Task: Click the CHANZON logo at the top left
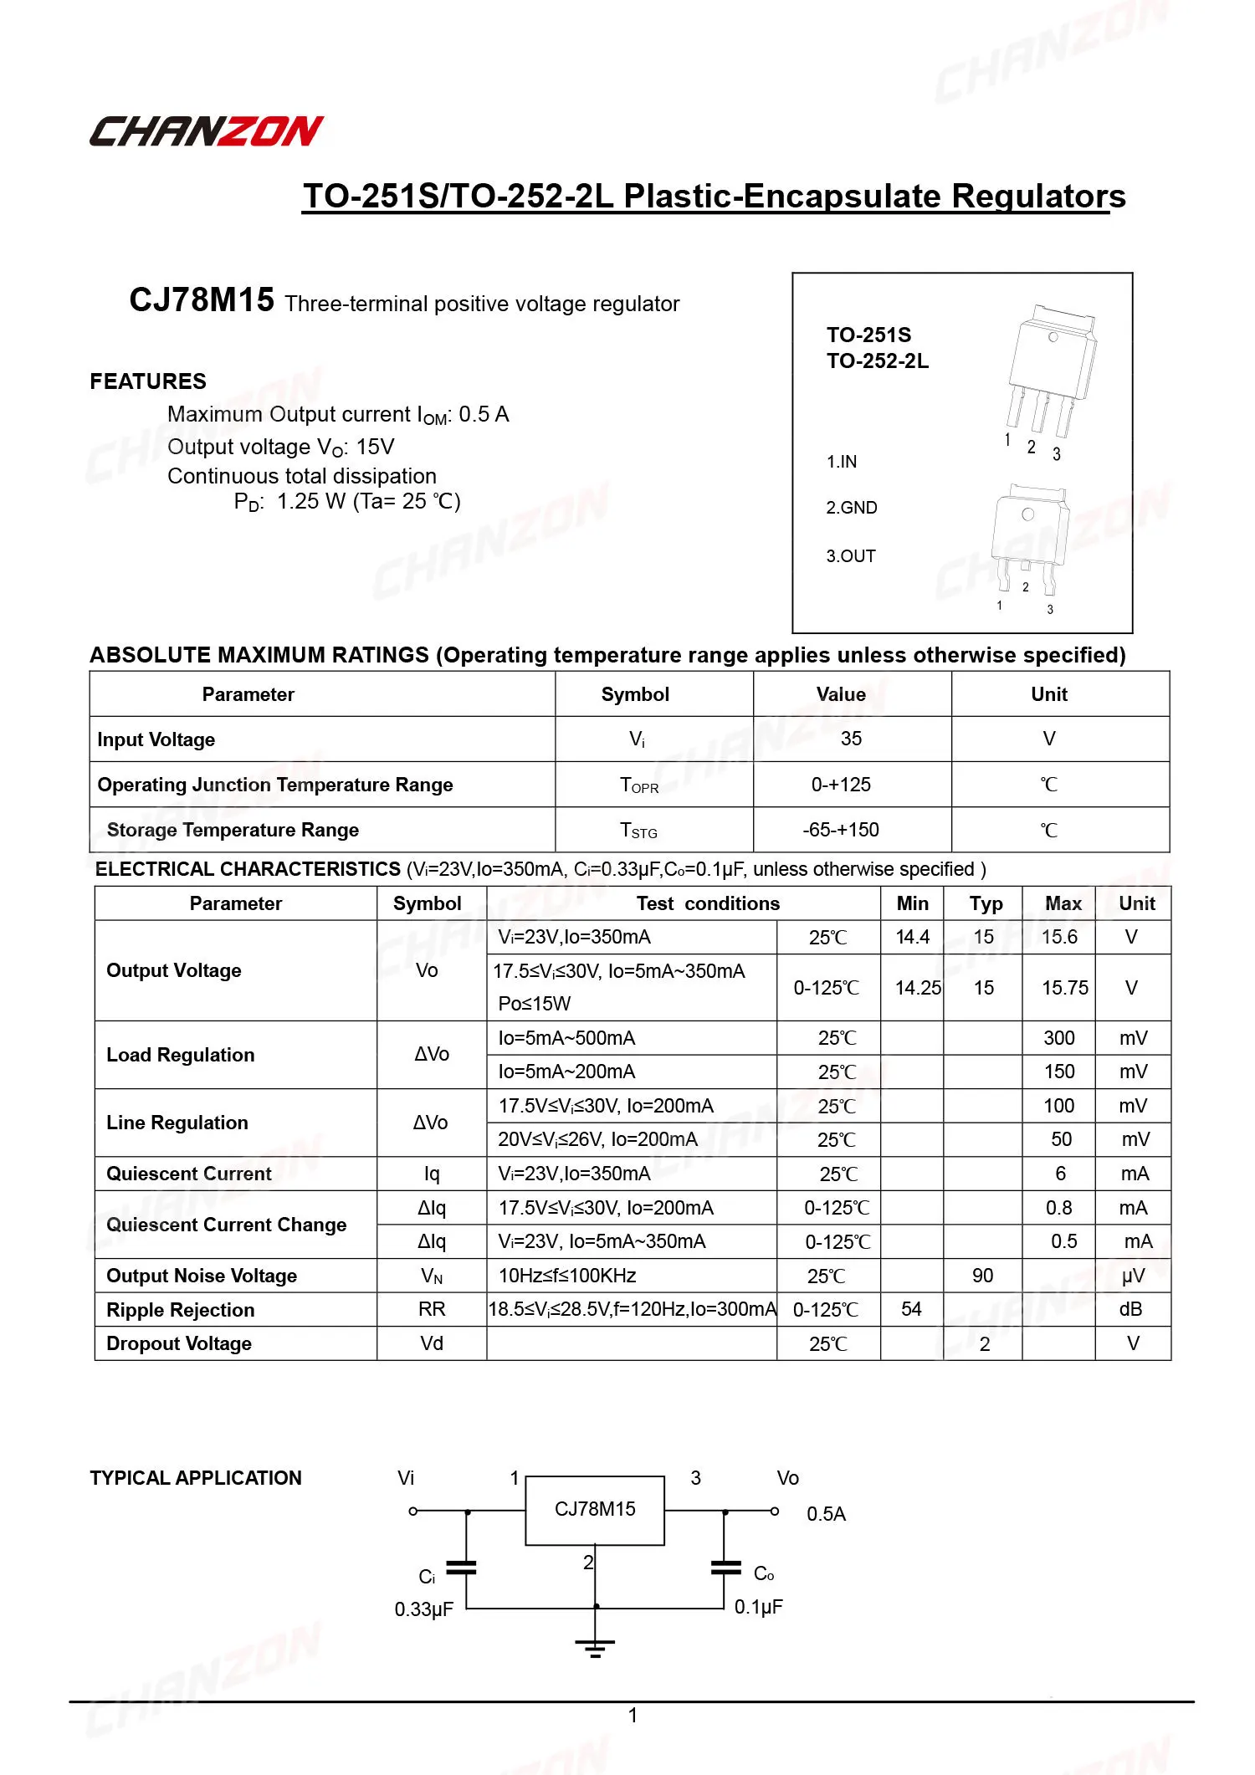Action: tap(206, 131)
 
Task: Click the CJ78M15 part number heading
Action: tap(201, 299)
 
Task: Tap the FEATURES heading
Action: tap(148, 381)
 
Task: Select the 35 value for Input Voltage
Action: tap(851, 739)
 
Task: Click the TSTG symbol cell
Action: tap(638, 830)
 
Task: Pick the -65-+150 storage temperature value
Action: tap(841, 830)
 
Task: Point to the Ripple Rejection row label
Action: tap(180, 1310)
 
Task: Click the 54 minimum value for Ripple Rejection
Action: tap(911, 1309)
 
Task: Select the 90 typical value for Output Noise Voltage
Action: tap(982, 1276)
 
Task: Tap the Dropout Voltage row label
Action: tap(178, 1343)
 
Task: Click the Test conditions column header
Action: tap(708, 903)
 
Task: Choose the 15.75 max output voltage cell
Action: tap(1064, 988)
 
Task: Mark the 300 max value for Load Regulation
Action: tap(1058, 1038)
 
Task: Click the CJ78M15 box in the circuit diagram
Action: tap(595, 1510)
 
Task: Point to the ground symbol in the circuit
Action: tap(595, 1648)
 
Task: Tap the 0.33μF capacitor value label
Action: tap(423, 1609)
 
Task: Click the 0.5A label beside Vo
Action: tap(826, 1514)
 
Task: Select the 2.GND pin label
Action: tap(852, 508)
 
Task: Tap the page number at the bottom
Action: tap(633, 1716)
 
